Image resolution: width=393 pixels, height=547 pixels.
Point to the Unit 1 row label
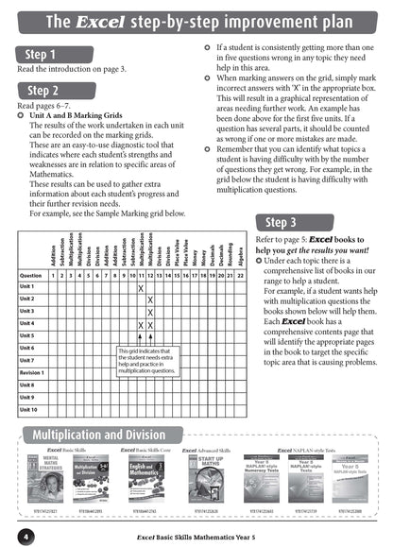click(x=27, y=260)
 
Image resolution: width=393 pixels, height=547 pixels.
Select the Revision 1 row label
click(x=32, y=372)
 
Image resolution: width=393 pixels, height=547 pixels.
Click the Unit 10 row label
click(x=28, y=410)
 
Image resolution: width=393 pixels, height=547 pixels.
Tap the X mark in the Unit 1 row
click(x=140, y=261)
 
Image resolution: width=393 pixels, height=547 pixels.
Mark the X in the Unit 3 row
click(x=149, y=311)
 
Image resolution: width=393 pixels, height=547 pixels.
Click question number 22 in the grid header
click(x=240, y=248)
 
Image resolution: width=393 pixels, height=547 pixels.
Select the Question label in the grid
click(x=30, y=248)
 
